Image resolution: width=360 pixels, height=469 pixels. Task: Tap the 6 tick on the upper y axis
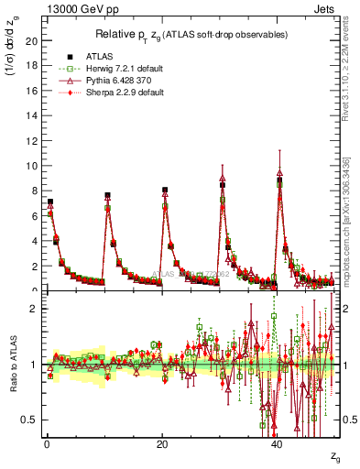34,216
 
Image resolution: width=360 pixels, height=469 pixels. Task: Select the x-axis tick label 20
162,443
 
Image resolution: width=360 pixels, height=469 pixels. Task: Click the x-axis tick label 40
278,443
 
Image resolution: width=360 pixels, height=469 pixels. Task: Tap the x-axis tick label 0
47,443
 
